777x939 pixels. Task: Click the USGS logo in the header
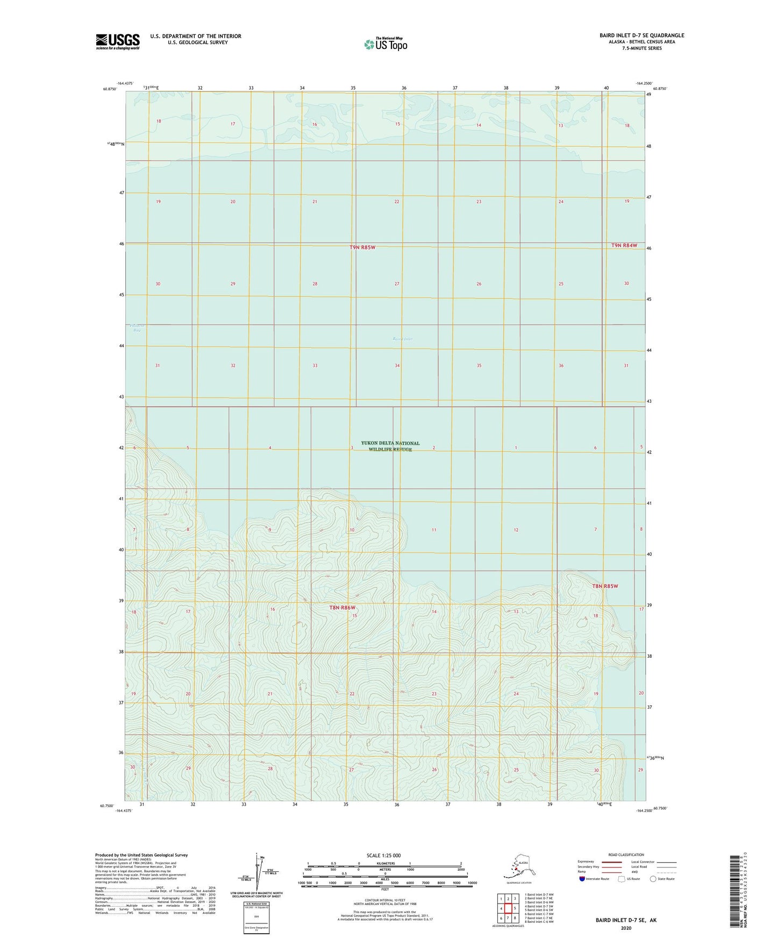click(118, 41)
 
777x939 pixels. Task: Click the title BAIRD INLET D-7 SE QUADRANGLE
click(641, 35)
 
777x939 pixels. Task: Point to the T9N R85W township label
click(362, 247)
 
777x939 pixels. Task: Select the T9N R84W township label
click(624, 245)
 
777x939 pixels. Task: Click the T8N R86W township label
click(343, 608)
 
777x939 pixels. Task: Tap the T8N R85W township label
click(605, 586)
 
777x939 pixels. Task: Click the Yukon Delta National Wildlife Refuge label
click(390, 446)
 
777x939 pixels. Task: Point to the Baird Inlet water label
click(402, 339)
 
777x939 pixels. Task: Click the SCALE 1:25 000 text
click(383, 856)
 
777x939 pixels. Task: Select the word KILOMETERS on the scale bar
click(384, 864)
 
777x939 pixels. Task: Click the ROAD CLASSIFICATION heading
click(626, 855)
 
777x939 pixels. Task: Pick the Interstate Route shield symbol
click(582, 879)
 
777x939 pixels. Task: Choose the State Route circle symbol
click(653, 879)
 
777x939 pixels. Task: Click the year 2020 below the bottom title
click(625, 928)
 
